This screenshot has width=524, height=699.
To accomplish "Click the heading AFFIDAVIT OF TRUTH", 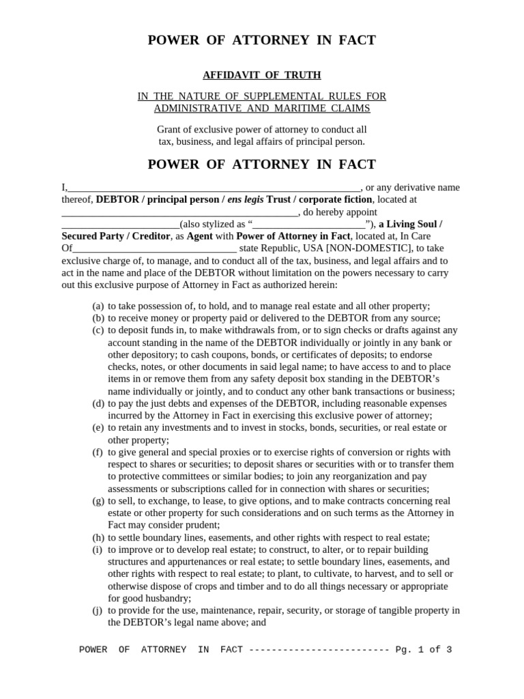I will tap(262, 75).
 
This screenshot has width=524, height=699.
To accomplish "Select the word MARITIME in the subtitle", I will tap(303, 109).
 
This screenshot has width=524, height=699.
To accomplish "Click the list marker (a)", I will tap(98, 306).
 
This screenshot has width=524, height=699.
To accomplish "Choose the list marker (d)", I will tap(98, 404).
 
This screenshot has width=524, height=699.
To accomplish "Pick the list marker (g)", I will tap(98, 501).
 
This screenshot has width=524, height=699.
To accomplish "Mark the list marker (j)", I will tap(98, 610).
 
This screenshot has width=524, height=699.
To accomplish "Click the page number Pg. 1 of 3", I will tap(423, 650).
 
